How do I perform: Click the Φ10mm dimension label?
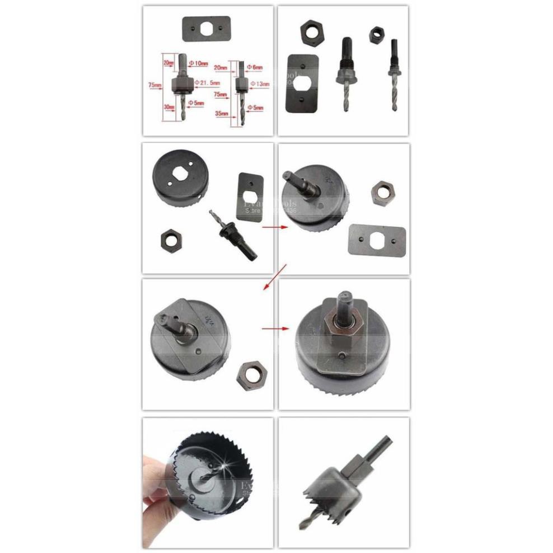click(x=198, y=63)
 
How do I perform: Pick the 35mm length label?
click(x=222, y=113)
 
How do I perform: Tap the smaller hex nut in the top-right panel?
click(x=376, y=35)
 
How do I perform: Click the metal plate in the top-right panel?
click(x=303, y=82)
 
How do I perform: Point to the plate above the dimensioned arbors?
click(x=207, y=28)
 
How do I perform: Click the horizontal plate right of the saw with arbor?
click(x=376, y=239)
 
